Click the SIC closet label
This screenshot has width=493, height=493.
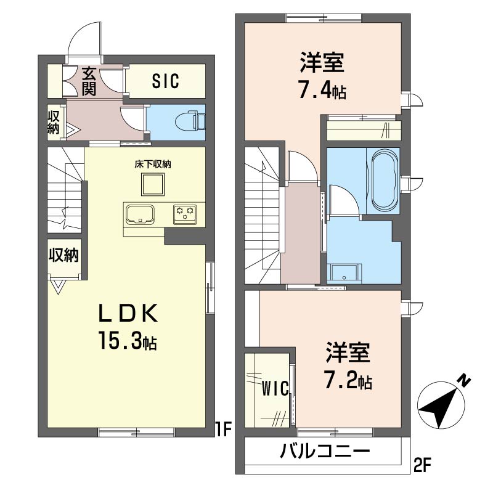165,81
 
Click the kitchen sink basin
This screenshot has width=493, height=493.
140,214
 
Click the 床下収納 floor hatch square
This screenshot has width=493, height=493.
152,184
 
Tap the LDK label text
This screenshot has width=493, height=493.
128,313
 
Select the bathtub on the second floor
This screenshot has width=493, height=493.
385,181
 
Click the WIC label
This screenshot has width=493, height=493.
275,388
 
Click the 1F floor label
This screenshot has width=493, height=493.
223,430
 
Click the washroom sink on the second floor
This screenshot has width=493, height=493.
344,272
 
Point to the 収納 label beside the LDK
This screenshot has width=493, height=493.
63,255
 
